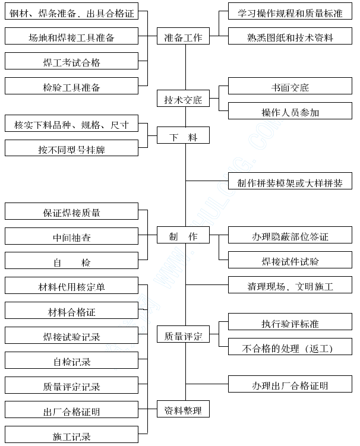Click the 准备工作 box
click(x=184, y=36)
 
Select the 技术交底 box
click(x=184, y=99)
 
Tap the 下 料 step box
click(x=184, y=135)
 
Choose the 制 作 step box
click(x=184, y=235)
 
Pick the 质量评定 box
click(x=184, y=334)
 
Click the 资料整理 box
click(x=184, y=409)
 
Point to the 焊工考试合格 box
click(x=71, y=61)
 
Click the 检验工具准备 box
click(x=71, y=86)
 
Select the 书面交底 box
click(x=290, y=86)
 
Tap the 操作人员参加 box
click(x=290, y=111)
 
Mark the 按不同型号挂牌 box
click(x=71, y=148)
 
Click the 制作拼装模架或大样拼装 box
click(x=290, y=181)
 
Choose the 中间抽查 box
click(x=71, y=236)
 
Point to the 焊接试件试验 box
click(x=290, y=260)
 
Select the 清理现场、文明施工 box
click(x=290, y=284)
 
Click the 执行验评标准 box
click(x=290, y=322)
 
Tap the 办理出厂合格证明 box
click(x=290, y=384)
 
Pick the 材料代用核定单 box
click(x=71, y=286)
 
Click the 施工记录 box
click(x=71, y=434)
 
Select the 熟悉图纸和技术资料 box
click(x=290, y=36)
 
